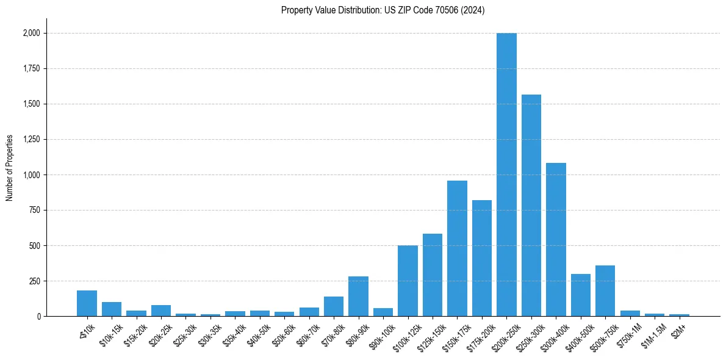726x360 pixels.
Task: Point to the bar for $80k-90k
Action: (x=358, y=297)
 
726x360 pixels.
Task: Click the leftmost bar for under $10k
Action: (x=87, y=303)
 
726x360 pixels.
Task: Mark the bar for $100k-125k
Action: (x=408, y=281)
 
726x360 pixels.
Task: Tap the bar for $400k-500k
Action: (x=581, y=295)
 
